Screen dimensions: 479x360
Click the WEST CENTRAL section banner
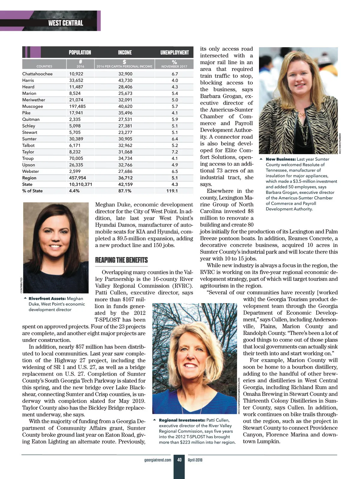[x=65, y=23]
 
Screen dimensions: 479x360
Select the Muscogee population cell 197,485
[x=77, y=107]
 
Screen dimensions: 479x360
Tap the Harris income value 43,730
[x=125, y=80]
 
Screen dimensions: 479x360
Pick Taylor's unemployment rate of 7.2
[x=175, y=152]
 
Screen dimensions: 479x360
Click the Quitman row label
[x=31, y=119]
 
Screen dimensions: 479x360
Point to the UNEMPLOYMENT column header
[x=174, y=53]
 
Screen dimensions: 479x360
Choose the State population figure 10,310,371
[x=81, y=185]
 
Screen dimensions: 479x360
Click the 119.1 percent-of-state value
[x=172, y=191]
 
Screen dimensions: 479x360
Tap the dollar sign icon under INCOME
[x=124, y=62]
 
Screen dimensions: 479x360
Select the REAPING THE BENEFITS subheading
[x=121, y=260]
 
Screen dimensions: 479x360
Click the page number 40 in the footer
[x=179, y=460]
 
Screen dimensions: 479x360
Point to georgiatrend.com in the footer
[x=158, y=460]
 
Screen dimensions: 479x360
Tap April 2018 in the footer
[x=195, y=460]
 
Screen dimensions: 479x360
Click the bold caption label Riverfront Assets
[x=47, y=299]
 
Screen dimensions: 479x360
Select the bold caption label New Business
[x=281, y=159]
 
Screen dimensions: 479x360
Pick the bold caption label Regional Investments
[x=182, y=420]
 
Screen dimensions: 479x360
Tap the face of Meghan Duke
[x=55, y=237]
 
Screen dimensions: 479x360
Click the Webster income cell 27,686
[x=125, y=172]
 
